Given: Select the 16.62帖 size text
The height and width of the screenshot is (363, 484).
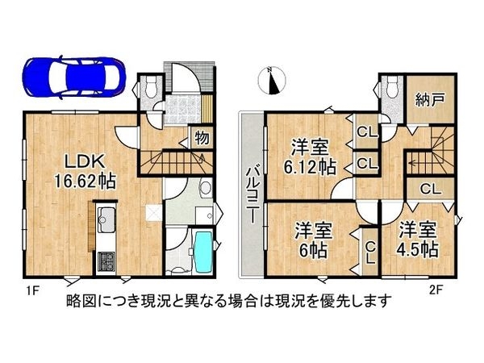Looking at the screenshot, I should pyautogui.click(x=85, y=180).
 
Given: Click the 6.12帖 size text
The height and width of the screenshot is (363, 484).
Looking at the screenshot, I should pyautogui.click(x=311, y=168).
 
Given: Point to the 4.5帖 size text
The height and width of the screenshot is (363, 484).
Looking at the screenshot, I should pyautogui.click(x=418, y=248).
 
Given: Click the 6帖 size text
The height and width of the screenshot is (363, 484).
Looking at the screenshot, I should pyautogui.click(x=310, y=248).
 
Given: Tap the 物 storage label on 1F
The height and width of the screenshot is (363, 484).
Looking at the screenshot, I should pyautogui.click(x=202, y=138).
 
